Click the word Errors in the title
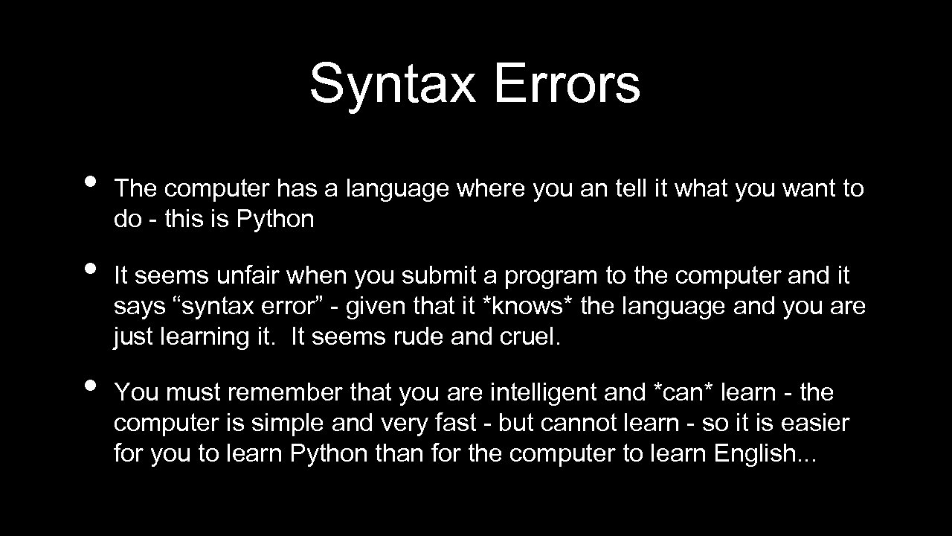click(565, 83)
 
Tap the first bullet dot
click(90, 182)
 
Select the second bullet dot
click(90, 268)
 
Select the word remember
click(285, 392)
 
